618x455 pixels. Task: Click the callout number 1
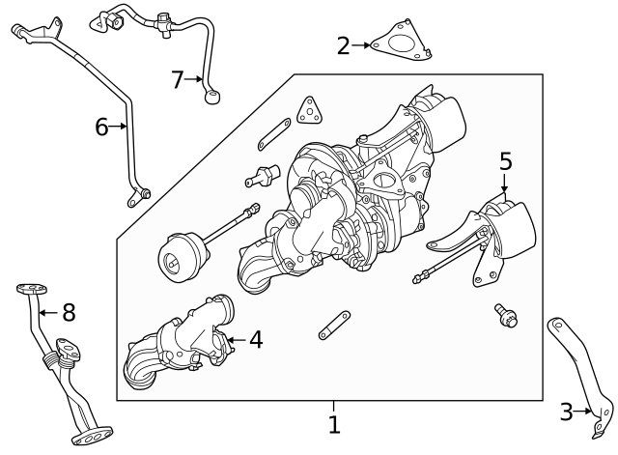coord(333,425)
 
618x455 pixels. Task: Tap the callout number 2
coord(344,44)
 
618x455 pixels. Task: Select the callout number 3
coord(567,412)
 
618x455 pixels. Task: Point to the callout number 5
coord(506,161)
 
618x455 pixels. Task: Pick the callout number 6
coord(102,126)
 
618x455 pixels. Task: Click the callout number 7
coord(177,79)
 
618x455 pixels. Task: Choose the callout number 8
coord(68,312)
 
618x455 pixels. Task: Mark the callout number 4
coord(255,339)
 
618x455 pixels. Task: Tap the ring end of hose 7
coord(212,95)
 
